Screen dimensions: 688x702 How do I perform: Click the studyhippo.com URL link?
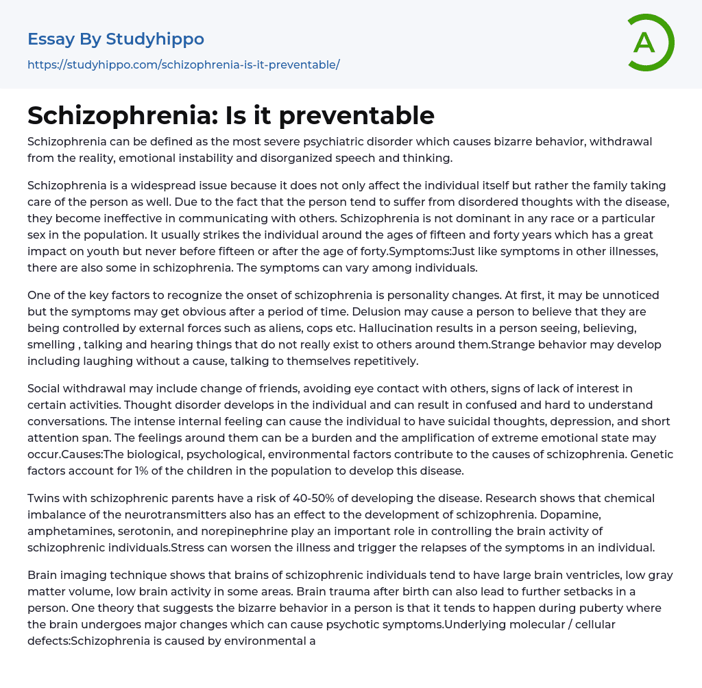click(x=184, y=64)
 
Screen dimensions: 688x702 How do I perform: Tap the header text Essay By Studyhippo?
click(x=116, y=39)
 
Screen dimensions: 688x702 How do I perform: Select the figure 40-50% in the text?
click(x=315, y=498)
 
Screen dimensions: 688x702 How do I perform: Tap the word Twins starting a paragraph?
click(x=43, y=498)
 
